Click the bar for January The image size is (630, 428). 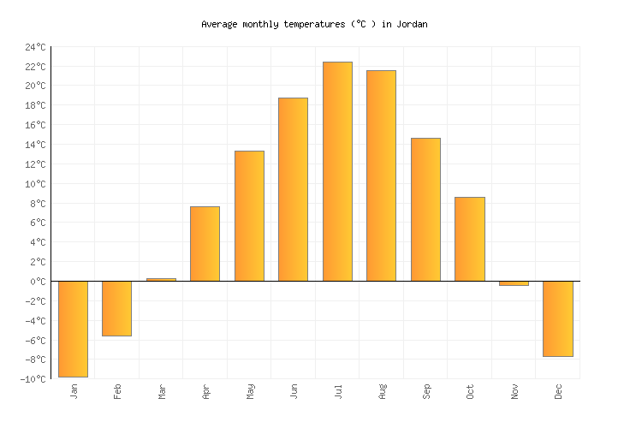[x=73, y=329]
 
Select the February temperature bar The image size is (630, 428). [x=116, y=308]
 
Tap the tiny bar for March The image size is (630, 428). [x=161, y=279]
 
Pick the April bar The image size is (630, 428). [x=205, y=244]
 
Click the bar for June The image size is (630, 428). [x=293, y=189]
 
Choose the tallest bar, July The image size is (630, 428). [x=337, y=171]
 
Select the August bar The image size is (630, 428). [x=381, y=175]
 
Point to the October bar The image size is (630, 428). [x=469, y=239]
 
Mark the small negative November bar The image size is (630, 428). [x=514, y=283]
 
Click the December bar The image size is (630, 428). [x=557, y=318]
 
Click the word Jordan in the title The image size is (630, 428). [x=412, y=25]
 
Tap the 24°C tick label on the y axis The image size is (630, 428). [x=35, y=47]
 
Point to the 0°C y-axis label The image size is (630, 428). [x=39, y=282]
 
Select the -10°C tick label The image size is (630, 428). [x=33, y=379]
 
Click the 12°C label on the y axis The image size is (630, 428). [x=35, y=164]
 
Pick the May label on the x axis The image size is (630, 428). [x=250, y=391]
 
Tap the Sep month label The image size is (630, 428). [x=426, y=391]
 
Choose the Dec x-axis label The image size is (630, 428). [x=559, y=391]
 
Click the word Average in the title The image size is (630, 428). [x=219, y=25]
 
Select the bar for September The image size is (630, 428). [x=425, y=210]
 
